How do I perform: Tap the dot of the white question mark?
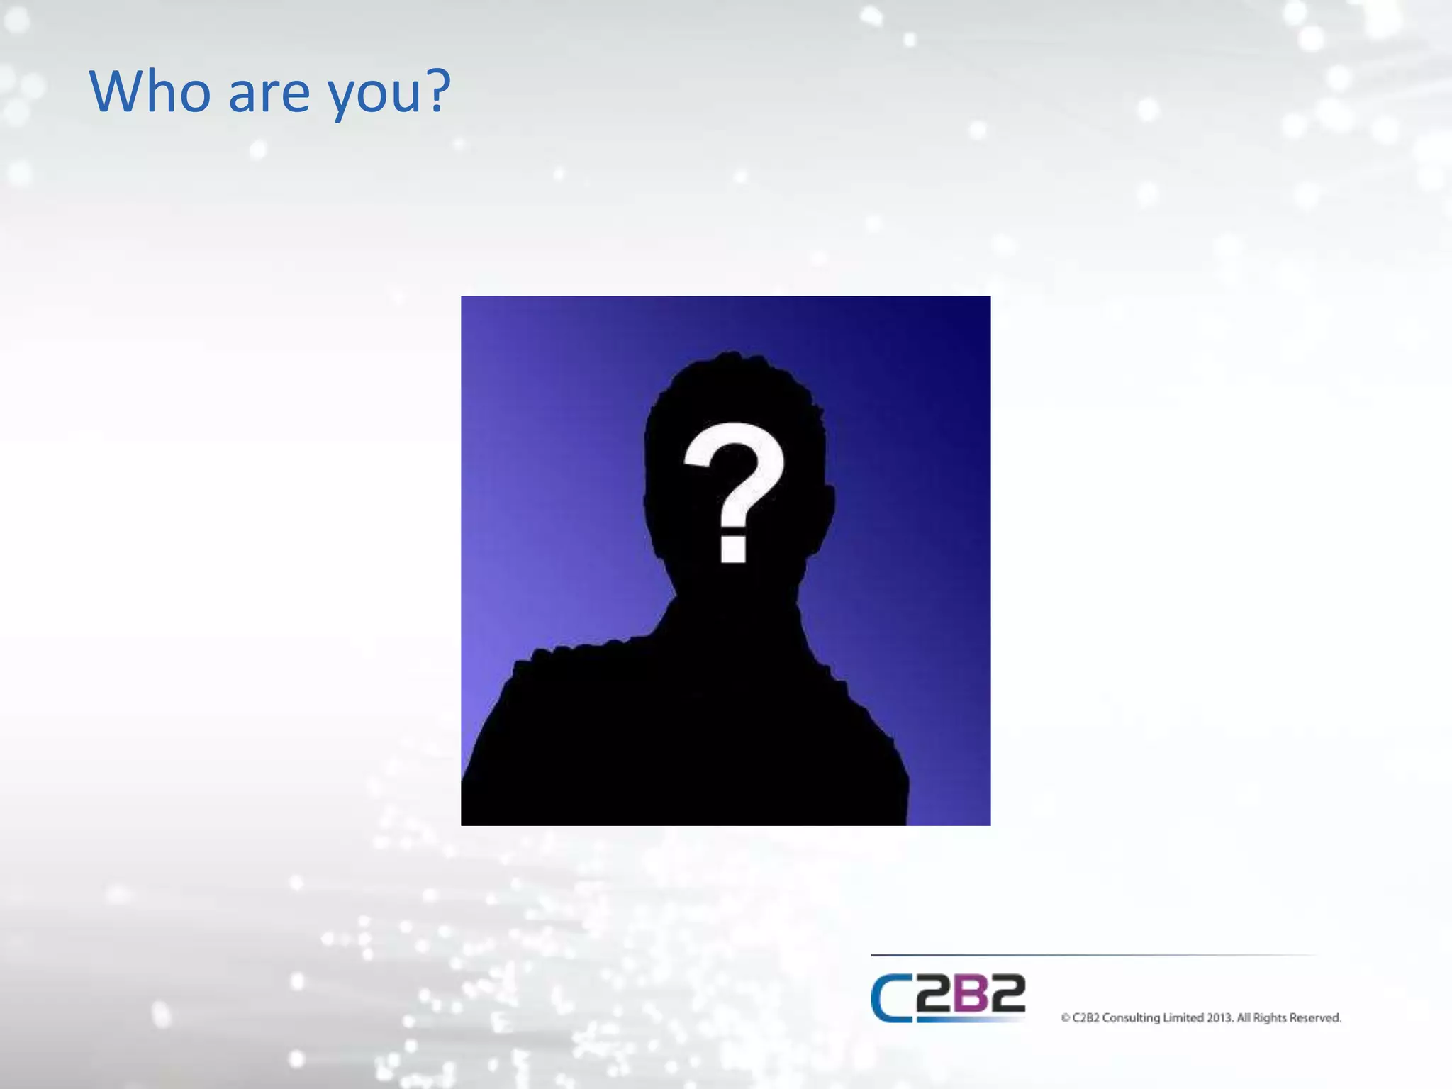pyautogui.click(x=733, y=549)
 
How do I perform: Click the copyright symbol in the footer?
pyautogui.click(x=1065, y=1018)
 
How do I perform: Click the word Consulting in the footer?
pyautogui.click(x=1131, y=1018)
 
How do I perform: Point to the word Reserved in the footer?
pyautogui.click(x=1315, y=1018)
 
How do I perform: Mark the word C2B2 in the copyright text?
pyautogui.click(x=1085, y=1018)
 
